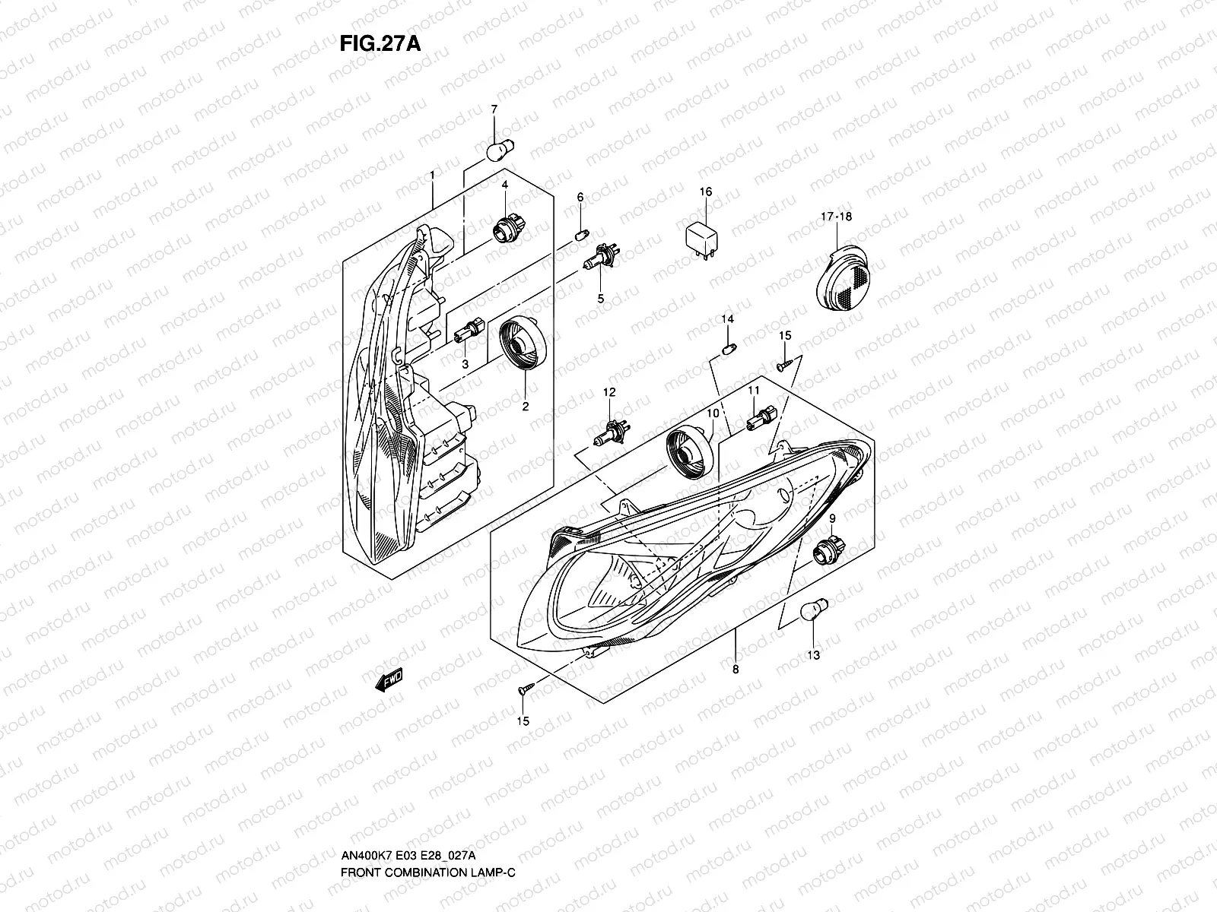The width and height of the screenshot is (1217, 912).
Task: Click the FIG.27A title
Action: (x=380, y=43)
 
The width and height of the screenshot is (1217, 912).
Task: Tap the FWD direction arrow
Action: (x=389, y=680)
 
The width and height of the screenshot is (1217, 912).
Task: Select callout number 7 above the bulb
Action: (x=494, y=110)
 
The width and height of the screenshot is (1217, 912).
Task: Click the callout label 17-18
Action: (x=836, y=217)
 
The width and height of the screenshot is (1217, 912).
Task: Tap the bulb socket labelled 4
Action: (x=503, y=227)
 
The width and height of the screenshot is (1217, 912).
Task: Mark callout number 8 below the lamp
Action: (x=736, y=670)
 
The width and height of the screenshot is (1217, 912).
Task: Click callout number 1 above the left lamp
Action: (x=432, y=176)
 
